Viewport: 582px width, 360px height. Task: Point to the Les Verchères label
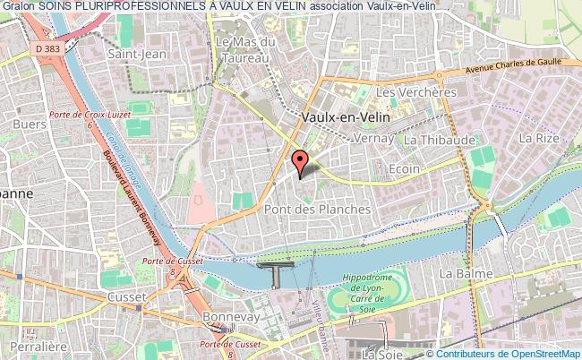pos(412,92)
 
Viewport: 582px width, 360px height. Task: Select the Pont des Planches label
pos(317,208)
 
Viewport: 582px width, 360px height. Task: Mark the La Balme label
pos(462,271)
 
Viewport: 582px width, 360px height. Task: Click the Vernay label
pos(368,140)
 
